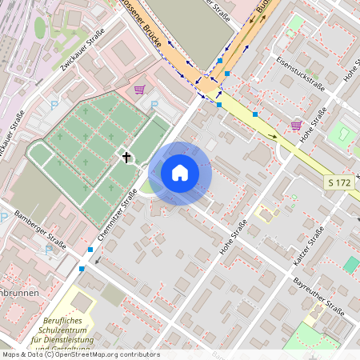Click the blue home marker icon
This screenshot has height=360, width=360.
click(180, 172)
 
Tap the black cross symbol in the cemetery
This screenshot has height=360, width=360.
click(126, 157)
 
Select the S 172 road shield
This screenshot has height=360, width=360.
click(339, 184)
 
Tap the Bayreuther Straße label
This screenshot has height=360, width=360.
click(318, 297)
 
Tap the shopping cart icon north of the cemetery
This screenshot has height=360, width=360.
click(140, 90)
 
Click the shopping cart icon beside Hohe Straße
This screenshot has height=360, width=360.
click(296, 125)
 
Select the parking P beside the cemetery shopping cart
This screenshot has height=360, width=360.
click(154, 104)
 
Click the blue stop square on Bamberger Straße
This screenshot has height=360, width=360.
click(90, 250)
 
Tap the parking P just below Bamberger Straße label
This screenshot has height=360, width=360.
click(49, 250)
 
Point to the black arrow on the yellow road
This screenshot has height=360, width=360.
click(273, 135)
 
